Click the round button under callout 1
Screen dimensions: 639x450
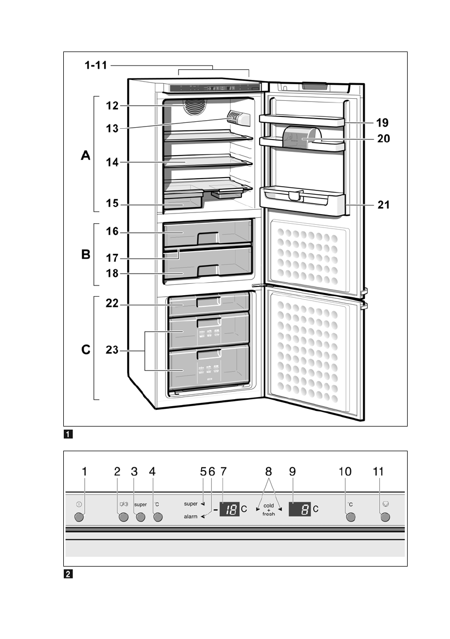tap(79, 518)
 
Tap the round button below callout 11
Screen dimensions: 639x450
tap(385, 518)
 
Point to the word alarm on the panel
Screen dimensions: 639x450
tap(190, 517)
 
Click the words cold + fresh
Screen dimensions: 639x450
tap(269, 510)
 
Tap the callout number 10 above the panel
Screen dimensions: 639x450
tap(345, 472)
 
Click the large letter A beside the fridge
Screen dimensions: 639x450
tap(86, 156)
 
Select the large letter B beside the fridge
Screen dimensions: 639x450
tap(86, 254)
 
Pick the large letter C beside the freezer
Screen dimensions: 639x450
tap(86, 350)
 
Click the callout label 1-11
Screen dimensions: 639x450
tap(95, 65)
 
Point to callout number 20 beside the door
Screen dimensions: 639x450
tap(383, 138)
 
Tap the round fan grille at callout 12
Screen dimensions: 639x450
tap(195, 107)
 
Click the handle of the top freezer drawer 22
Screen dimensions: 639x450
tap(208, 303)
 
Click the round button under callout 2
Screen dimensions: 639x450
tap(123, 518)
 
